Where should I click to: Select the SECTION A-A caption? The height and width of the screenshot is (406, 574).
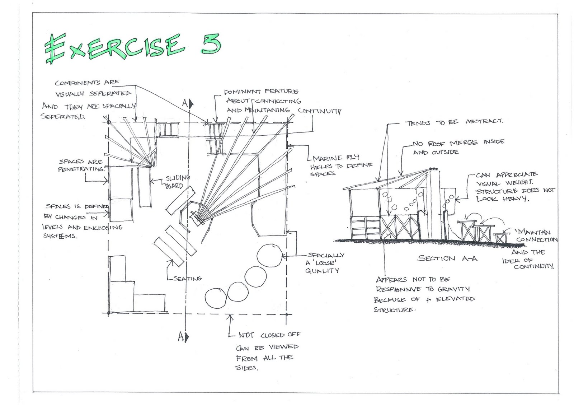click(x=447, y=258)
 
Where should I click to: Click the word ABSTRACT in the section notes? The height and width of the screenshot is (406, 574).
click(x=484, y=121)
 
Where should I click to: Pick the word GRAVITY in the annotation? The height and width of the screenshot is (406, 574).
click(x=454, y=289)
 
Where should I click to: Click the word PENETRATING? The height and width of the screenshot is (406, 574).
click(x=81, y=169)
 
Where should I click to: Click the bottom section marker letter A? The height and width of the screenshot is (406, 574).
click(x=182, y=336)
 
